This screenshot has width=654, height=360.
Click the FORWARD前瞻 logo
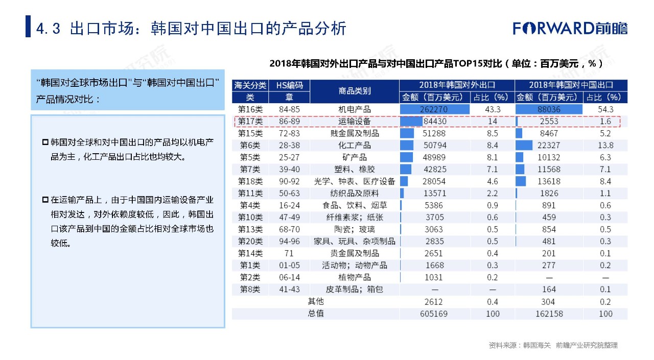pyautogui.click(x=570, y=28)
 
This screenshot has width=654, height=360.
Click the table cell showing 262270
pyautogui.click(x=434, y=109)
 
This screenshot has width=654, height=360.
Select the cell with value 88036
pyautogui.click(x=549, y=109)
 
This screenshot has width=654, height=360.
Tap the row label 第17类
pyautogui.click(x=250, y=122)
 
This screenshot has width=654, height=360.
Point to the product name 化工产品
pyautogui.click(x=355, y=146)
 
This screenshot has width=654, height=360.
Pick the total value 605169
pyautogui.click(x=434, y=313)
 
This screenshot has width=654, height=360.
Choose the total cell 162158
pyautogui.click(x=549, y=313)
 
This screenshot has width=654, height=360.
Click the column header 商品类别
pyautogui.click(x=355, y=91)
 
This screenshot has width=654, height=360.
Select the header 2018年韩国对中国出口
pyautogui.click(x=571, y=85)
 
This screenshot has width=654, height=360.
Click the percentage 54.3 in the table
pyautogui.click(x=605, y=109)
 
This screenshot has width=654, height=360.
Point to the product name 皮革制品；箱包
pyautogui.click(x=355, y=289)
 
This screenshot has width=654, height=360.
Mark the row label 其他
pyautogui.click(x=316, y=301)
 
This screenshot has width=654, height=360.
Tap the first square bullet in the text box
pyautogui.click(x=45, y=141)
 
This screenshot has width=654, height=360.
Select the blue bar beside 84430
pyautogui.click(x=411, y=122)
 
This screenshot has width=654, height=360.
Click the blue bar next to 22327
pyautogui.click(x=524, y=146)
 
